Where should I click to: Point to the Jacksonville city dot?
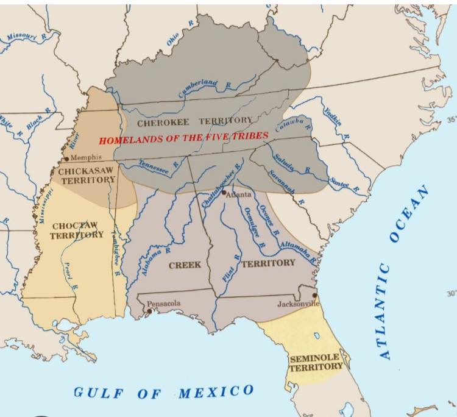pyautogui.click(x=314, y=296)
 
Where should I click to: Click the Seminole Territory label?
pyautogui.click(x=316, y=362)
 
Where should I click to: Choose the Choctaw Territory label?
pyautogui.click(x=77, y=230)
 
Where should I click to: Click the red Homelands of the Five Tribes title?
pyautogui.click(x=183, y=138)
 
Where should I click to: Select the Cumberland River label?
pyautogui.click(x=199, y=88)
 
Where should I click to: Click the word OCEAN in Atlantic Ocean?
pyautogui.click(x=409, y=214)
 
